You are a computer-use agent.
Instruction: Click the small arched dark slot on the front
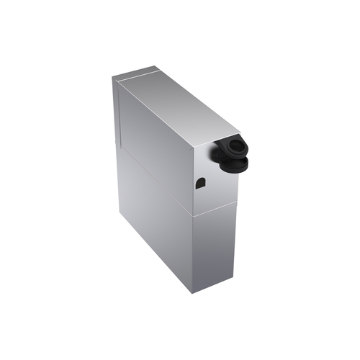[x=200, y=184]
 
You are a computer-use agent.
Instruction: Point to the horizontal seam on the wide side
[x=155, y=179]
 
